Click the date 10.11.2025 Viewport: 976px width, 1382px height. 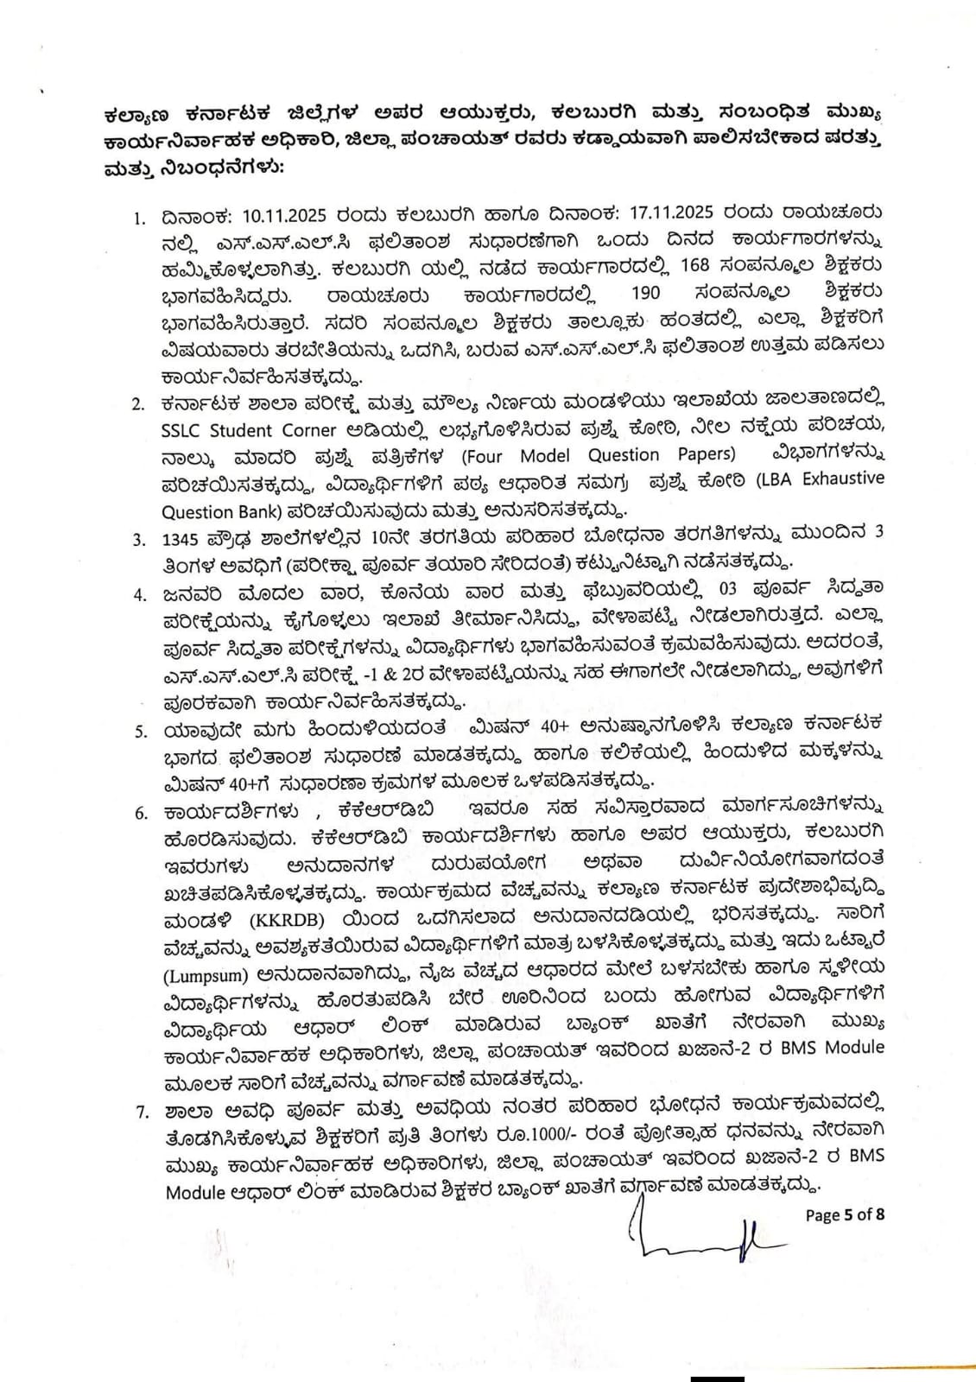point(272,212)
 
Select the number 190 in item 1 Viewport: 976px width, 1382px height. point(645,293)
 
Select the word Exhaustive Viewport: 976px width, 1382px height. point(843,479)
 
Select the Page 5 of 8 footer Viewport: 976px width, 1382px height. point(844,1214)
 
